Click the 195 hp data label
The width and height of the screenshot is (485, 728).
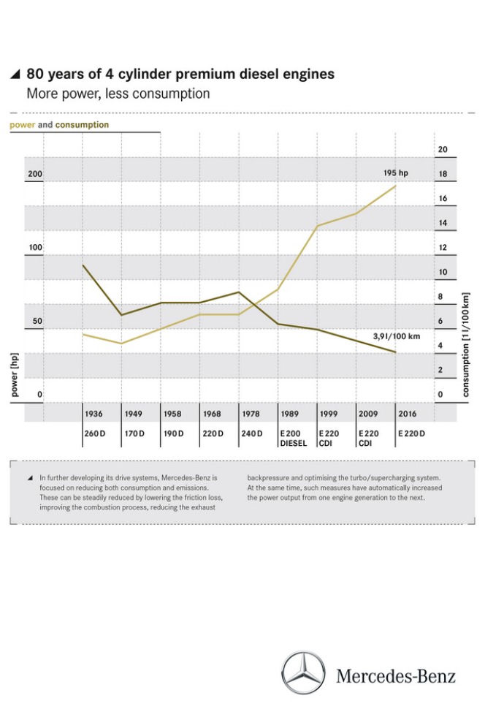point(395,172)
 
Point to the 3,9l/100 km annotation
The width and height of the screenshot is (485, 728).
point(397,336)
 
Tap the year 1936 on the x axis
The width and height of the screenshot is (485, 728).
point(93,414)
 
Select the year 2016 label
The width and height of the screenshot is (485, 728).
point(408,414)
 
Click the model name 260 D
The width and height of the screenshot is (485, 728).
point(95,433)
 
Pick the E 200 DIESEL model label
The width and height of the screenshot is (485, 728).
point(294,439)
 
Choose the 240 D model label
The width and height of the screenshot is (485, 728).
point(251,433)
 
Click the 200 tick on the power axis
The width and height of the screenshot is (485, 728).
point(35,174)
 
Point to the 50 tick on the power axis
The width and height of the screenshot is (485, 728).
point(37,321)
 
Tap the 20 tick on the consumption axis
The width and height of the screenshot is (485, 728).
point(443,150)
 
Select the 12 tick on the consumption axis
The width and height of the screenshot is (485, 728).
point(443,248)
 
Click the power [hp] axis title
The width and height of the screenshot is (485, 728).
point(15,375)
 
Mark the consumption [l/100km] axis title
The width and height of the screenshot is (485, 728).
point(466,344)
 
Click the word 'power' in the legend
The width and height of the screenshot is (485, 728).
point(22,125)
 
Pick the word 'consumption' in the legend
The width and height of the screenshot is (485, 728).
point(82,125)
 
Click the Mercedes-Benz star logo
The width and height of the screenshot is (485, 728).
point(304,672)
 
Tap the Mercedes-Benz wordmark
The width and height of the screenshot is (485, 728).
point(396,676)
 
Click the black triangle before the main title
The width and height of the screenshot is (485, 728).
point(15,74)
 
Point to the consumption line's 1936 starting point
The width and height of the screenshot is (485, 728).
point(83,265)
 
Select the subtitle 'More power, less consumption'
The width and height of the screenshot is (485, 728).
point(118,94)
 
